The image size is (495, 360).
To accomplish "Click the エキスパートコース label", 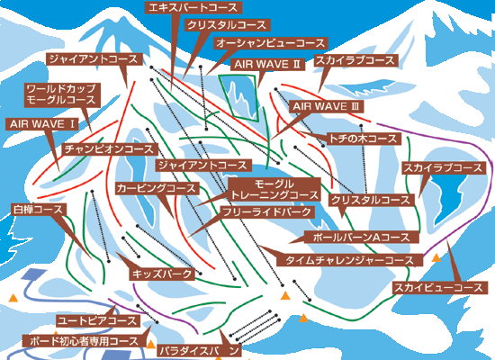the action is click(x=193, y=7).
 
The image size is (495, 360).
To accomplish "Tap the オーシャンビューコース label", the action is click(x=270, y=43).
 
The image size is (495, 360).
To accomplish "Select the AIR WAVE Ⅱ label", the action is click(x=267, y=64).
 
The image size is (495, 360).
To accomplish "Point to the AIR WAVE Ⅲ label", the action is click(x=327, y=106).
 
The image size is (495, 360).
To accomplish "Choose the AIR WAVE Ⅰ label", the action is click(x=41, y=124).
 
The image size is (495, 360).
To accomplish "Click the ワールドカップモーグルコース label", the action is click(x=62, y=94).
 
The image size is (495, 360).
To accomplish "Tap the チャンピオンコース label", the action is click(x=109, y=149).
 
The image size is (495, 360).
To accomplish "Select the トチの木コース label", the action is click(x=363, y=139).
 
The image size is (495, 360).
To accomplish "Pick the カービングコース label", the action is click(x=157, y=188).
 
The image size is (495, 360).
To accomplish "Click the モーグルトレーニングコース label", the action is click(x=274, y=190).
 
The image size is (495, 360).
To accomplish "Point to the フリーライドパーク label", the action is click(x=267, y=212).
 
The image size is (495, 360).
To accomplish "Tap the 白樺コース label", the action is click(x=38, y=210).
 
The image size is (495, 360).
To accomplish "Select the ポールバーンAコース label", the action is click(x=361, y=237).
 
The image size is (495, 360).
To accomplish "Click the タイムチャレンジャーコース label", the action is click(x=349, y=260).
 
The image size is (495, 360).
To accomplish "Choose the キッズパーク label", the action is click(x=162, y=274).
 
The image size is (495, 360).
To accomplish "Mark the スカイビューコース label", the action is click(x=439, y=288).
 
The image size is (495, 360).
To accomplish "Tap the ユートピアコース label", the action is click(x=97, y=321).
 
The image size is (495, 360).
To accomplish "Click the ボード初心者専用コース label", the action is click(x=84, y=341).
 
